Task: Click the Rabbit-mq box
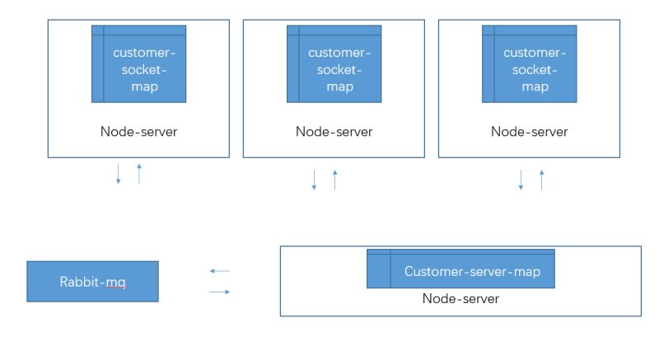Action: pyautogui.click(x=92, y=282)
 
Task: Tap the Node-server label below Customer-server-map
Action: pyautogui.click(x=460, y=298)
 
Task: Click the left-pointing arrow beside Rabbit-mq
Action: pyautogui.click(x=220, y=271)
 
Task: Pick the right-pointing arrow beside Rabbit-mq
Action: pyautogui.click(x=220, y=292)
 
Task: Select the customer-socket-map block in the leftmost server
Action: pyautogui.click(x=138, y=64)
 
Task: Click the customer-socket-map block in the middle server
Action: pyautogui.click(x=334, y=64)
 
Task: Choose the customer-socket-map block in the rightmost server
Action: pyautogui.click(x=529, y=64)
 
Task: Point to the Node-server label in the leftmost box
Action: pyautogui.click(x=138, y=131)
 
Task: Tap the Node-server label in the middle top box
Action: pyautogui.click(x=334, y=131)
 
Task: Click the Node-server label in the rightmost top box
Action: pyautogui.click(x=529, y=131)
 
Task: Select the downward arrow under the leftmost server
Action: pyautogui.click(x=119, y=174)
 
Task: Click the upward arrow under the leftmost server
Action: pyautogui.click(x=139, y=173)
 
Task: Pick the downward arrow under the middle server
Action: pyautogui.click(x=314, y=180)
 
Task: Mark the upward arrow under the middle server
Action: pyautogui.click(x=334, y=180)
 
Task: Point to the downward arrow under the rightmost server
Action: pyautogui.click(x=521, y=180)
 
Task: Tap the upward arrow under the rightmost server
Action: pyautogui.click(x=541, y=180)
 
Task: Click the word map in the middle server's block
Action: pyautogui.click(x=339, y=86)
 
